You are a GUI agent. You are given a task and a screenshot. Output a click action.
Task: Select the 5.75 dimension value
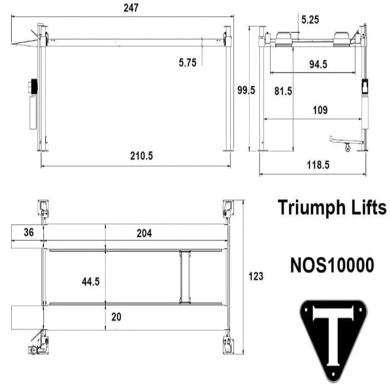[x=188, y=63]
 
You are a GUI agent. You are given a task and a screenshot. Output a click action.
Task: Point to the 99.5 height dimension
[x=245, y=91]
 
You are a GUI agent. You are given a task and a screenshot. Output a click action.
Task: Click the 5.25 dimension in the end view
[x=310, y=19]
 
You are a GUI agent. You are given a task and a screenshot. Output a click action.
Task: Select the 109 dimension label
[x=320, y=110]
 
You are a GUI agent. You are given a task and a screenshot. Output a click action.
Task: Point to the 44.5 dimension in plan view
[x=90, y=282]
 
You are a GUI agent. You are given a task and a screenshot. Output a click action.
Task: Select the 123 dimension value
[x=256, y=276]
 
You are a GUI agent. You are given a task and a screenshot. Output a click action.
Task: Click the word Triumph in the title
[x=314, y=208]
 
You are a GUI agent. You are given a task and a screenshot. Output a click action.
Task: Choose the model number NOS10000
[x=331, y=265]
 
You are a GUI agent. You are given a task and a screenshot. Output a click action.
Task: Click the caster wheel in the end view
[x=348, y=148]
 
